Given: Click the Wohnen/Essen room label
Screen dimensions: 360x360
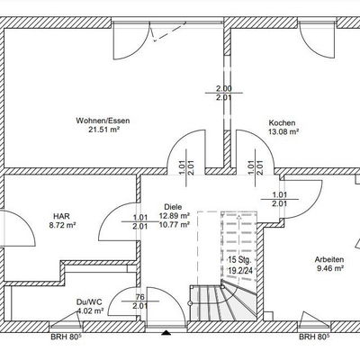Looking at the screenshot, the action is pyautogui.click(x=103, y=121).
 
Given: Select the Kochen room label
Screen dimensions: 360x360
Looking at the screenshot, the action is pyautogui.click(x=282, y=122).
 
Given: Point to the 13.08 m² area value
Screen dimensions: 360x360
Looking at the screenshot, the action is pyautogui.click(x=283, y=131).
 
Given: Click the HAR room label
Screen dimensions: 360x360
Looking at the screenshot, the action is pyautogui.click(x=61, y=216).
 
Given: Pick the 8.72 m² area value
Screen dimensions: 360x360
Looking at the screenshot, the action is pyautogui.click(x=62, y=224).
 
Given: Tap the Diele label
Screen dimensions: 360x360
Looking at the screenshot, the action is pyautogui.click(x=173, y=207).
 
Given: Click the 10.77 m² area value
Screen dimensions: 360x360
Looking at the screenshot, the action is pyautogui.click(x=175, y=224).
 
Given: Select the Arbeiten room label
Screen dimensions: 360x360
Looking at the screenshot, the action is pyautogui.click(x=329, y=259).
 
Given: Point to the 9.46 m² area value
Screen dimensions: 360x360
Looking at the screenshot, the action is pyautogui.click(x=330, y=268).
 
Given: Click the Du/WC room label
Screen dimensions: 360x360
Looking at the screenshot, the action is pyautogui.click(x=89, y=302).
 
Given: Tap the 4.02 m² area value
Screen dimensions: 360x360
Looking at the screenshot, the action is pyautogui.click(x=90, y=310).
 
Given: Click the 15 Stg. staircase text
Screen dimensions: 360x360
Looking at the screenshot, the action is pyautogui.click(x=239, y=259).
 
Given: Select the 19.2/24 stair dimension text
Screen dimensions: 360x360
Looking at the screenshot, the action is pyautogui.click(x=240, y=270).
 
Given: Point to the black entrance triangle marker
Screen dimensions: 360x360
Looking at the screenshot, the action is pyautogui.click(x=166, y=332).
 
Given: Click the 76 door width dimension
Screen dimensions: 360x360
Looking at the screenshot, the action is pyautogui.click(x=140, y=297).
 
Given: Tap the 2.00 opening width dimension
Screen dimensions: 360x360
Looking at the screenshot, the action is pyautogui.click(x=224, y=89).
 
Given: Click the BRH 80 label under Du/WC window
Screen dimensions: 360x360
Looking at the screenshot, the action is pyautogui.click(x=66, y=337).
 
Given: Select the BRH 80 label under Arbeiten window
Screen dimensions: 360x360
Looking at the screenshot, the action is pyautogui.click(x=314, y=337).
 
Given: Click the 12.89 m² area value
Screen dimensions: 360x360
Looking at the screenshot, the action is pyautogui.click(x=175, y=216).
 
